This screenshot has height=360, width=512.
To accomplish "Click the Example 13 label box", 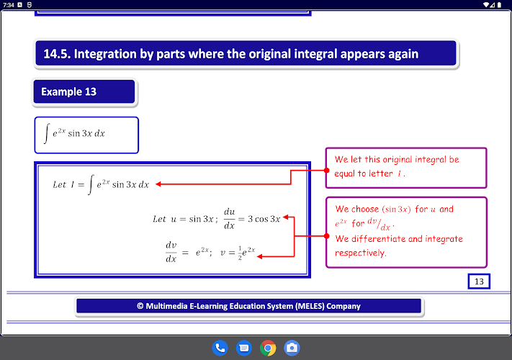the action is (x=84, y=91).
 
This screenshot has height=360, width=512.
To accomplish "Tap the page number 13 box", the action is (x=479, y=282).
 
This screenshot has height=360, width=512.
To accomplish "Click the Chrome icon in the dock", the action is (x=268, y=348).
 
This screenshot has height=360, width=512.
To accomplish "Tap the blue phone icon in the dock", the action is (x=220, y=348).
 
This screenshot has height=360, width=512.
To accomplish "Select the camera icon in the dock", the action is (x=292, y=348).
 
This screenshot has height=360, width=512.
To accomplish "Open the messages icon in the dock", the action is (x=244, y=348).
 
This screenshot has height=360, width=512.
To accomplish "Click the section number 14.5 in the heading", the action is (x=57, y=54).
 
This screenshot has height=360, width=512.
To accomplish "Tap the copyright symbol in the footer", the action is (x=140, y=306).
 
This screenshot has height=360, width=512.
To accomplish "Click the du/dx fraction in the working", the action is (x=229, y=219).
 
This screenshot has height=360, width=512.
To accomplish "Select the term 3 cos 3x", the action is (x=264, y=219).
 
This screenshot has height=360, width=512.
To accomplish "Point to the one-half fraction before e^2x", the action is (x=240, y=253).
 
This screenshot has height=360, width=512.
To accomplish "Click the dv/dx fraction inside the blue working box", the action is (x=171, y=252).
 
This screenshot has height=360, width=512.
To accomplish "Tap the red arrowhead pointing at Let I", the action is (x=158, y=184).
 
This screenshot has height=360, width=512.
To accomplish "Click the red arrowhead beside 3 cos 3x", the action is (x=285, y=217).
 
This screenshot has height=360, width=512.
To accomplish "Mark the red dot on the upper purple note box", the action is (x=326, y=171).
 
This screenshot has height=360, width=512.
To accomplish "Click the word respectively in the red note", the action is (x=360, y=253).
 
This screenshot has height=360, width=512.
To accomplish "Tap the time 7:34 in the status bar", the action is (x=9, y=5).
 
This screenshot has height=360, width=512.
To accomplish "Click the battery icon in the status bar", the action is (x=499, y=5).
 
